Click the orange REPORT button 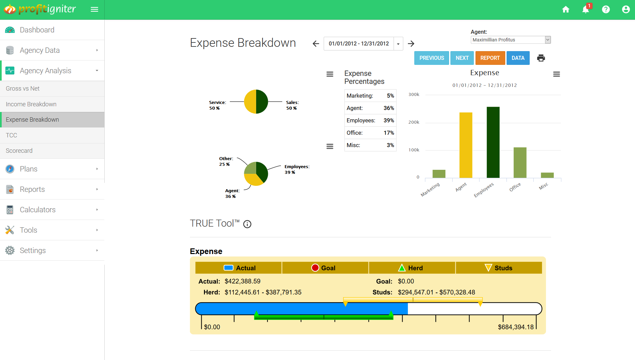pos(490,58)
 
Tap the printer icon pos(541,58)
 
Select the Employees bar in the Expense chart pos(493,142)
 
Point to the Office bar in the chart pos(520,162)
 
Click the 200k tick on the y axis pos(414,122)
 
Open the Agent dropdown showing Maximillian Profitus pos(510,40)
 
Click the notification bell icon pos(586,9)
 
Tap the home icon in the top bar pos(565,9)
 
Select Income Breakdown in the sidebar pos(31,104)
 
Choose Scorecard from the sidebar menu pos(19,150)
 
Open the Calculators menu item pos(37,210)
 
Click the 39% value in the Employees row pos(389,120)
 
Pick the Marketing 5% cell pos(390,96)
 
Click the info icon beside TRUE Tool pos(247,224)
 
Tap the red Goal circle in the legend pos(315,268)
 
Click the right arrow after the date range pos(411,43)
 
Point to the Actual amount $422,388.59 pos(242,281)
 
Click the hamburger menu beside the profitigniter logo pos(94,9)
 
